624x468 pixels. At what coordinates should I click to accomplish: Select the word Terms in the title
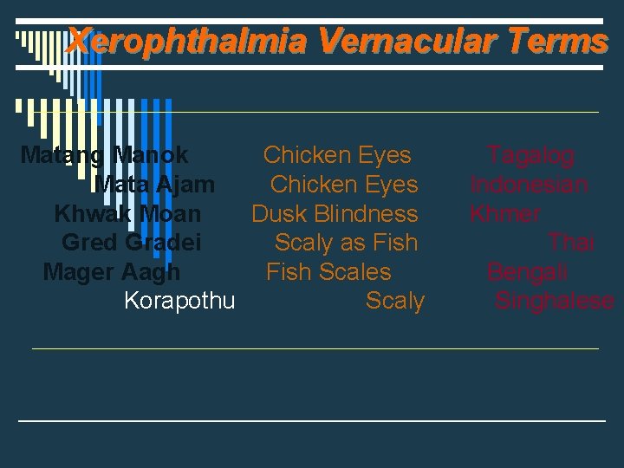click(559, 41)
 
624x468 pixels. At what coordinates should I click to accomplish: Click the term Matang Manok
click(104, 156)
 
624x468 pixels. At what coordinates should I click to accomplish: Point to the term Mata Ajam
click(154, 185)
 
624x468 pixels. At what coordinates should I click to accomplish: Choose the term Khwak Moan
click(127, 214)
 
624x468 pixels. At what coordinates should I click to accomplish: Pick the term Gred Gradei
click(131, 244)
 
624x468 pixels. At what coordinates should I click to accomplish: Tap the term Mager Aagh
click(112, 272)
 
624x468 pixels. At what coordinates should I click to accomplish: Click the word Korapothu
click(179, 302)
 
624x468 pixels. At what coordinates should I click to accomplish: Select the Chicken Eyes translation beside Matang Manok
click(337, 156)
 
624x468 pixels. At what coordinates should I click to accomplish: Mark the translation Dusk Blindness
click(335, 214)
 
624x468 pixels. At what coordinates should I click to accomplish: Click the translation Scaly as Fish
click(346, 244)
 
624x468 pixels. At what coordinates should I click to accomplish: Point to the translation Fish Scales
click(328, 272)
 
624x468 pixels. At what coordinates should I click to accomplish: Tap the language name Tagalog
click(530, 156)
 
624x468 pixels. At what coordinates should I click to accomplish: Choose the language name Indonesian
click(529, 185)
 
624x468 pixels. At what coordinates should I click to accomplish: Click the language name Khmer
click(504, 214)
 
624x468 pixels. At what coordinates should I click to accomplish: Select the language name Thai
click(571, 244)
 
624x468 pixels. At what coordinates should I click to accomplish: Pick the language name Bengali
click(527, 272)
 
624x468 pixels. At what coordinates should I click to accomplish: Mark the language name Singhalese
click(555, 302)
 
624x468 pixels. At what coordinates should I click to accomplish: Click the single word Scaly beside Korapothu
click(395, 302)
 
